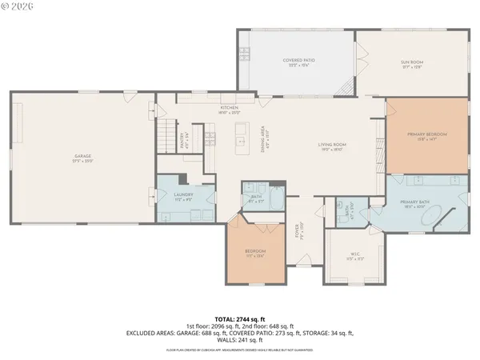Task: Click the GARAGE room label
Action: (x=83, y=158)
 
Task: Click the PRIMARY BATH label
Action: (x=420, y=204)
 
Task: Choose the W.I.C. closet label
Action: (x=354, y=256)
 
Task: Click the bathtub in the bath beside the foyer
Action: (x=275, y=198)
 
